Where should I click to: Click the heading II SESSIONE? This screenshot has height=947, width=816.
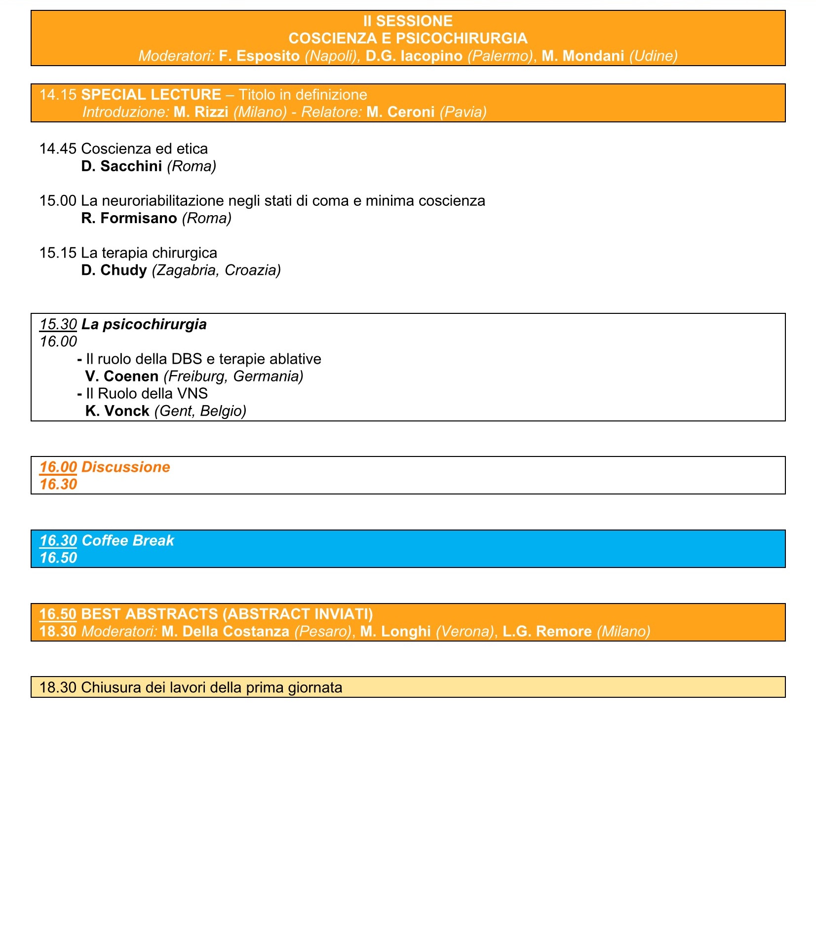pyautogui.click(x=408, y=21)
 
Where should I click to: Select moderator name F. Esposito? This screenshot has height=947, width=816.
pyautogui.click(x=259, y=56)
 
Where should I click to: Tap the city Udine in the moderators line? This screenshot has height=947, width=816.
pyautogui.click(x=653, y=56)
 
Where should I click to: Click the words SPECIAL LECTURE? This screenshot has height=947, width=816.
pyautogui.click(x=151, y=95)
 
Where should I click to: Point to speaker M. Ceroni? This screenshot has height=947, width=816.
pyautogui.click(x=400, y=112)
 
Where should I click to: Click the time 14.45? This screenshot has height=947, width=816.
pyautogui.click(x=58, y=149)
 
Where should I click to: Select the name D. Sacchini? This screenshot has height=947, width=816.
pyautogui.click(x=121, y=166)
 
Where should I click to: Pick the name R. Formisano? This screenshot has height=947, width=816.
pyautogui.click(x=129, y=218)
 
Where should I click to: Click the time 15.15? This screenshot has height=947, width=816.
pyautogui.click(x=58, y=253)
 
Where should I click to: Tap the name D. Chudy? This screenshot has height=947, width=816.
pyautogui.click(x=114, y=270)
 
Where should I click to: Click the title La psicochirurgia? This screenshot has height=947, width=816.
pyautogui.click(x=144, y=324)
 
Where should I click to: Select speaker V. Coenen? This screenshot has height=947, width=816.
pyautogui.click(x=122, y=377)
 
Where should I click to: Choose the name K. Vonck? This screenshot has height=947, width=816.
pyautogui.click(x=117, y=411)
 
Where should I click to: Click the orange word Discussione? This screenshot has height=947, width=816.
pyautogui.click(x=125, y=467)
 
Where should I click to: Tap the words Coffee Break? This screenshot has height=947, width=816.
pyautogui.click(x=128, y=540)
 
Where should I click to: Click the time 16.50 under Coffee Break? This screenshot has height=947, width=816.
pyautogui.click(x=58, y=558)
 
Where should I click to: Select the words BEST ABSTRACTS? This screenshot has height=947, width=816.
pyautogui.click(x=150, y=614)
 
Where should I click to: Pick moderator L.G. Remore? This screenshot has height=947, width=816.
pyautogui.click(x=547, y=632)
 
